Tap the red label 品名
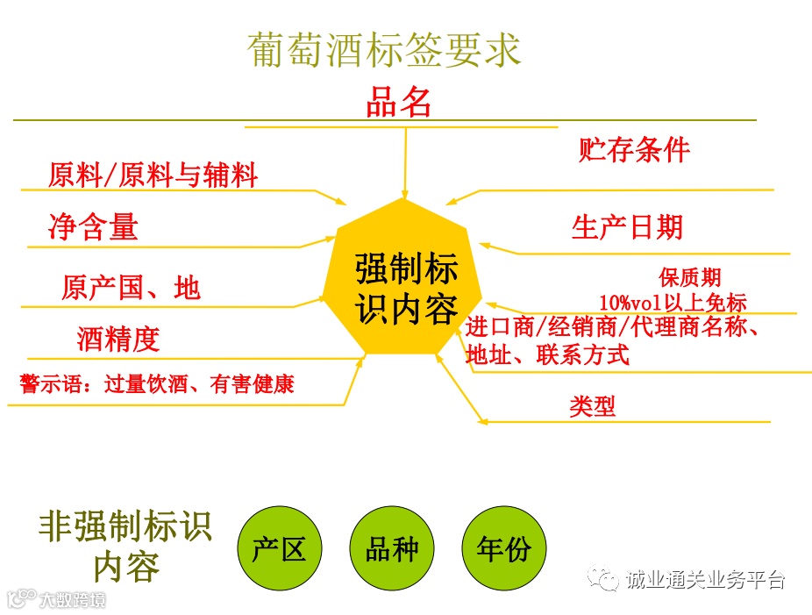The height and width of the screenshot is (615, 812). pos(399,103)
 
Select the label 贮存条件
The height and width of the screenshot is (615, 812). pos(634,149)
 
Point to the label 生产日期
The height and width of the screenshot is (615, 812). pos(627,228)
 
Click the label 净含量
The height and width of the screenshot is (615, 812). pos(94,228)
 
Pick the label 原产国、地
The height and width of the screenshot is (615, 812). pos(131,288)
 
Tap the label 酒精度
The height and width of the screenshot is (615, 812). pos(118,340)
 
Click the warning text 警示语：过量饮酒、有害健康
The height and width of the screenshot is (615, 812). pos(157,383)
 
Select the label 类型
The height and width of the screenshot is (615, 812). pos(593,405)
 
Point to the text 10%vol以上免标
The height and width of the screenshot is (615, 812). pos(673,303)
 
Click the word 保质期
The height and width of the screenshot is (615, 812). pos(690,278)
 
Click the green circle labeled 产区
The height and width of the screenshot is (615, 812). pos(279,549)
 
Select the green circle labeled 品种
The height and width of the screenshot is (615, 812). pos(391,549)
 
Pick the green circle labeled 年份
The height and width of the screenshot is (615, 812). pos(503,549)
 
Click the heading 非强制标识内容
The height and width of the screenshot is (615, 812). pos(125,546)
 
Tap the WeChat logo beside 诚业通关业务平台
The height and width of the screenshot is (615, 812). pos(605,578)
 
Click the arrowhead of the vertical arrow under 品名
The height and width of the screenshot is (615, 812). pos(405,193)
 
